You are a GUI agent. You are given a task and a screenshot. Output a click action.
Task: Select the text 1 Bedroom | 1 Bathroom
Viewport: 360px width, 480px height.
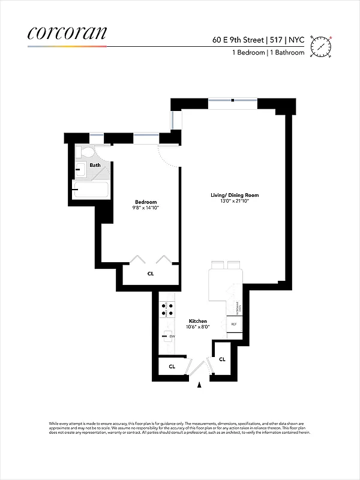click(x=268, y=53)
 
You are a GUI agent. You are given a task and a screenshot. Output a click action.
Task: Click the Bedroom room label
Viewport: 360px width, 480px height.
click(x=146, y=202)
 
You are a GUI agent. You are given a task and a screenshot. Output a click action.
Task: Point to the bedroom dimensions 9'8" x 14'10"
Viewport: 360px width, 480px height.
click(x=146, y=208)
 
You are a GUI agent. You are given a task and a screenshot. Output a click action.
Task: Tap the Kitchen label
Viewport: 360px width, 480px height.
click(x=198, y=321)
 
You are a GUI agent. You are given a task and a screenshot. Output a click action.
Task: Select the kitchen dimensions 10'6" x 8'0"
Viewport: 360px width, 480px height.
click(x=198, y=328)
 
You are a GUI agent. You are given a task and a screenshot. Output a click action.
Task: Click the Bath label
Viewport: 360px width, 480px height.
click(x=95, y=165)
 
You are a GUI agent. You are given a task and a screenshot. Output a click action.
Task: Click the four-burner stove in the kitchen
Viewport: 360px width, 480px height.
click(x=166, y=310)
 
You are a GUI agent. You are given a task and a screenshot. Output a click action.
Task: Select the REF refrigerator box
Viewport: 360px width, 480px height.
click(x=234, y=325)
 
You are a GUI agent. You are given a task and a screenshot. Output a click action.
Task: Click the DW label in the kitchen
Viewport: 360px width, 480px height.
click(x=172, y=337)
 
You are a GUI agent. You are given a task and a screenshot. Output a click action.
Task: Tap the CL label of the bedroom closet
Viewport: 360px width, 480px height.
click(x=150, y=274)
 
